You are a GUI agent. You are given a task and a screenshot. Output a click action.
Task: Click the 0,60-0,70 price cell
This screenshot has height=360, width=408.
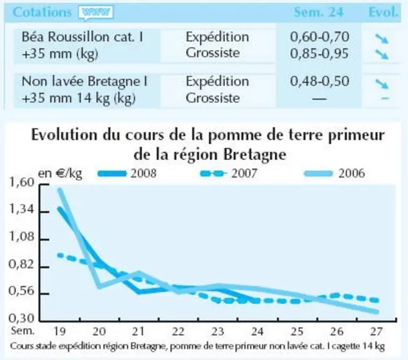[319, 37]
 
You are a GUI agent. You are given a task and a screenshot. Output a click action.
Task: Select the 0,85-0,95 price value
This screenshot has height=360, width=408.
[319, 53]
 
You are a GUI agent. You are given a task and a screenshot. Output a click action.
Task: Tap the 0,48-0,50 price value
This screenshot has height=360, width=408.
[319, 81]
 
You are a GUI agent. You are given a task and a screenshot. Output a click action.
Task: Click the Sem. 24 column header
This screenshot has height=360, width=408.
[319, 12]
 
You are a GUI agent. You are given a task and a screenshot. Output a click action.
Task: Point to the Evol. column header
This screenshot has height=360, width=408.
[384, 12]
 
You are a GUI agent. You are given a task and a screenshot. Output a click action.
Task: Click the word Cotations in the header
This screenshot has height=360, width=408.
[42, 12]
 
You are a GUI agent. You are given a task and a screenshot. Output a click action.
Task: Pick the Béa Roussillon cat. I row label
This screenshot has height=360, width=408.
[82, 37]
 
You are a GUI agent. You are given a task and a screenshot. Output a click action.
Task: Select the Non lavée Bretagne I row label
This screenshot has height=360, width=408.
[84, 81]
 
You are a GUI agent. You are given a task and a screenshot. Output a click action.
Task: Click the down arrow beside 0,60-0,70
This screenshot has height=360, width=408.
[382, 39]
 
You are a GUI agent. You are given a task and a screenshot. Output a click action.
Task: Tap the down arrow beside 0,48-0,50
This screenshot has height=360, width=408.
[382, 84]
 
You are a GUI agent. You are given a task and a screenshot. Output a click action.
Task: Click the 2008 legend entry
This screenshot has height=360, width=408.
[127, 173]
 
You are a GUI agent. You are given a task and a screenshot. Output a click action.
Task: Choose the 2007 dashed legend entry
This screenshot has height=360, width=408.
[229, 173]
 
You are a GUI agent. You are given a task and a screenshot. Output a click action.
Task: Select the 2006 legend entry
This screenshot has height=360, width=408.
[334, 173]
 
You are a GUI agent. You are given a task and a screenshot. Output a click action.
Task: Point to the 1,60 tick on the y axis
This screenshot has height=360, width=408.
[22, 182]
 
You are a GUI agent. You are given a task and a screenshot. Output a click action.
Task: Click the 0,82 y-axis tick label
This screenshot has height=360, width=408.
[22, 264]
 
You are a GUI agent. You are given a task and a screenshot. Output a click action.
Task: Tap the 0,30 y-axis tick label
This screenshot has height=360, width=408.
[22, 318]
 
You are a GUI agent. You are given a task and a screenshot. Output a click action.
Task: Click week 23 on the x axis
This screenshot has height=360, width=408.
[217, 332]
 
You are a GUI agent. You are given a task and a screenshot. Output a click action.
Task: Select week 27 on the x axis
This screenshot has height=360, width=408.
[376, 332]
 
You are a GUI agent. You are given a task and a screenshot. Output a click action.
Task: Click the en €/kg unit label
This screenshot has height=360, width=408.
[60, 173]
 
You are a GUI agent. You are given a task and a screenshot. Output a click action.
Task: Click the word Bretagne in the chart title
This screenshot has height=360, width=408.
[255, 155]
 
